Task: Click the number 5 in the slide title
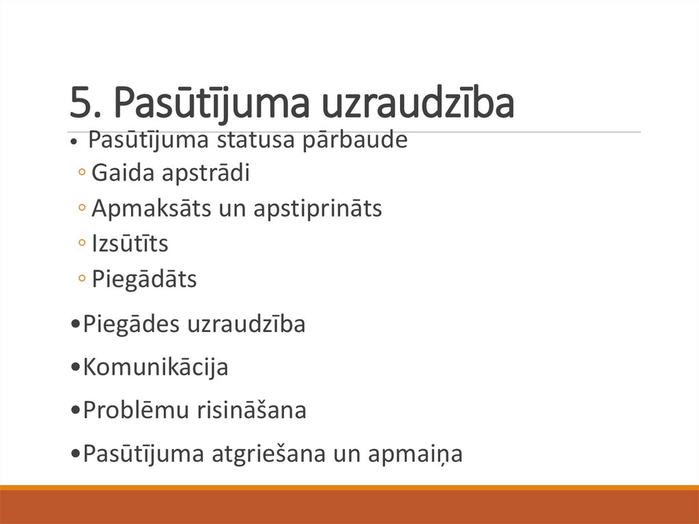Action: pyautogui.click(x=81, y=104)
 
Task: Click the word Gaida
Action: pyautogui.click(x=123, y=174)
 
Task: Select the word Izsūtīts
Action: pyautogui.click(x=130, y=244)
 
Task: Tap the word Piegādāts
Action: pyautogui.click(x=144, y=279)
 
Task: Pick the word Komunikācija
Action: pyautogui.click(x=155, y=368)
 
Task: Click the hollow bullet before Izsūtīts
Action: pyautogui.click(x=82, y=244)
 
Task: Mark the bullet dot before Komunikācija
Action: pyautogui.click(x=75, y=368)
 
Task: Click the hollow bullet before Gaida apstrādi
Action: pyautogui.click(x=82, y=174)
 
